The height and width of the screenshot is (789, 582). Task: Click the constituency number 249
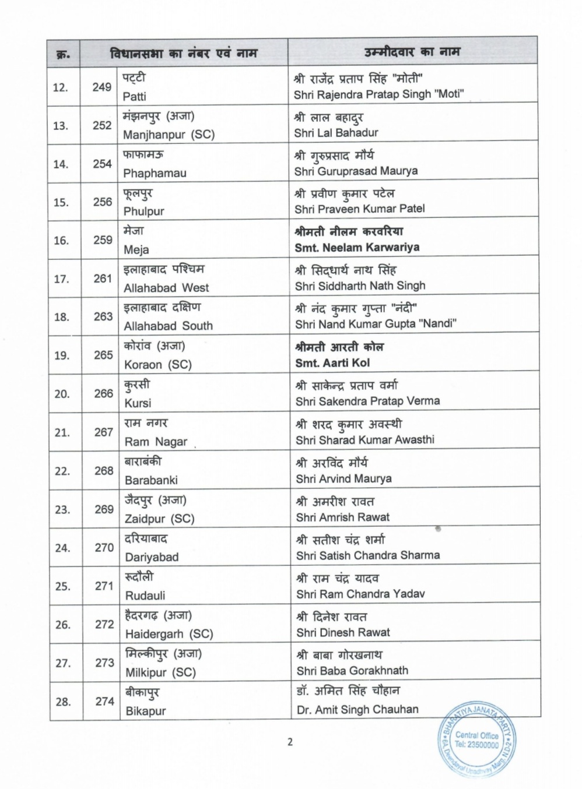[101, 87]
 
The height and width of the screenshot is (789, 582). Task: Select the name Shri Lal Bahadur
[336, 133]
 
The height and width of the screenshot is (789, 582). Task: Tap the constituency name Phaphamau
[155, 173]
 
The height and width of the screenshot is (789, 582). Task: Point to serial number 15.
[61, 202]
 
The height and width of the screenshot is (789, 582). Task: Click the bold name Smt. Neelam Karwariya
[357, 247]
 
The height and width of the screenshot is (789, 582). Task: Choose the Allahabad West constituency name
[166, 288]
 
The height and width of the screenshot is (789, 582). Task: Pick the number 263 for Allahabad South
[103, 316]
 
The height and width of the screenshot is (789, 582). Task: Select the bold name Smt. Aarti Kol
[332, 362]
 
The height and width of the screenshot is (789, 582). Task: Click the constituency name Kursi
[138, 403]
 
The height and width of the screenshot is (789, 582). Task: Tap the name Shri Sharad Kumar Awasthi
[365, 440]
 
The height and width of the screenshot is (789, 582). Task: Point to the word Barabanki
[151, 480]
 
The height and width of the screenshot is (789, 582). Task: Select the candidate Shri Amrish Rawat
[343, 517]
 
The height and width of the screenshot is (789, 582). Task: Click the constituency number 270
[104, 547]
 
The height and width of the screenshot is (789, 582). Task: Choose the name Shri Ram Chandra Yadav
[360, 594]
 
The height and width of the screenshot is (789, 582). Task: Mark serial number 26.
[62, 625]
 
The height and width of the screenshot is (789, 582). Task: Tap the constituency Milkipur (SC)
[160, 672]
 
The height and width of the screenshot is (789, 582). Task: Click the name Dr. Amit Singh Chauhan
[357, 710]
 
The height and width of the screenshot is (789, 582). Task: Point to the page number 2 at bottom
[290, 742]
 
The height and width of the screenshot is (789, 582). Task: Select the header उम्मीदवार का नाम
[412, 52]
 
